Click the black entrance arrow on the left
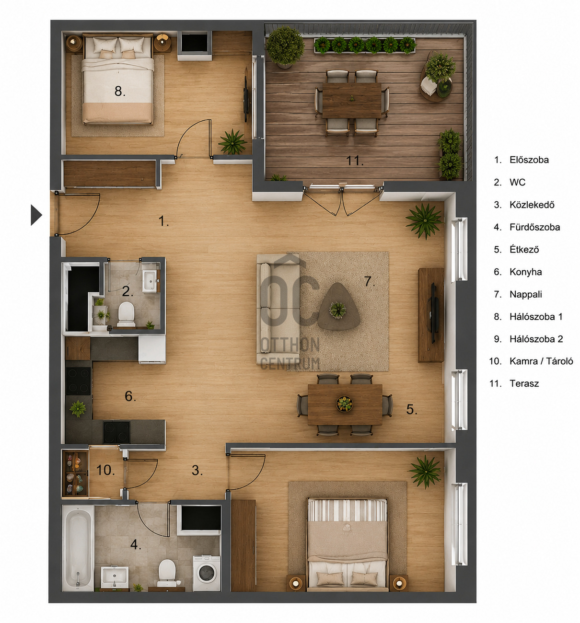(x=36, y=215)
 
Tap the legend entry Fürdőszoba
(x=534, y=227)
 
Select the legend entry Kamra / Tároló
(x=541, y=361)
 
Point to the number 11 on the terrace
(x=355, y=161)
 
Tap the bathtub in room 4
(x=78, y=548)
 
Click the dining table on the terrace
(x=352, y=100)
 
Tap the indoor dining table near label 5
(x=345, y=404)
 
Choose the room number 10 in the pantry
(x=105, y=470)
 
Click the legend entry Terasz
(x=524, y=383)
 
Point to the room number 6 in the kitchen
(x=130, y=396)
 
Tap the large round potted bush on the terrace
(x=285, y=46)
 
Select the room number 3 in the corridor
(x=197, y=470)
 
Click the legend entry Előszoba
(x=529, y=160)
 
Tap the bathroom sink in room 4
(x=115, y=577)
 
